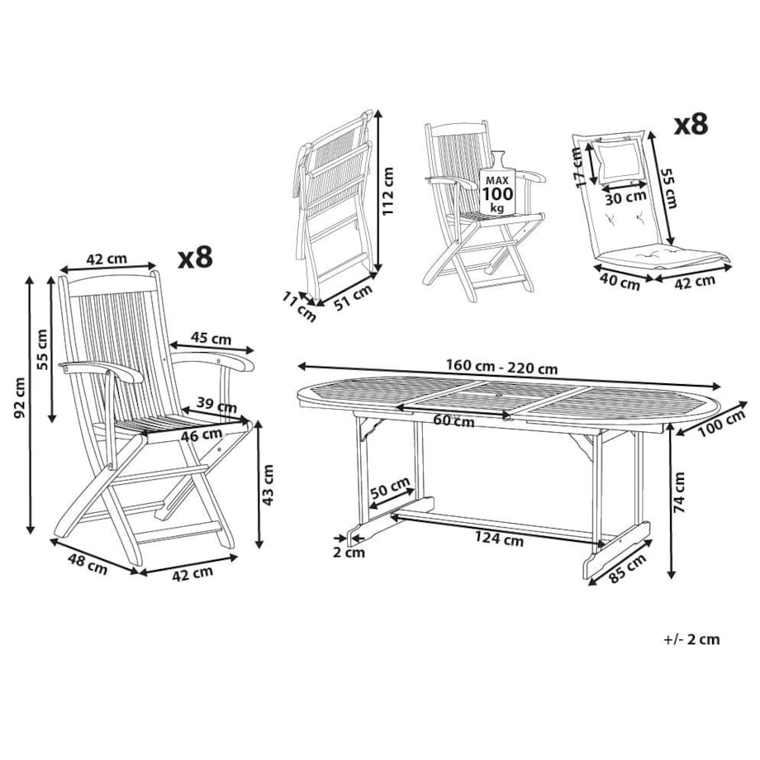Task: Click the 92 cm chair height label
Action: pyautogui.click(x=19, y=398)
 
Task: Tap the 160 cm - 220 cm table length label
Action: pyautogui.click(x=501, y=367)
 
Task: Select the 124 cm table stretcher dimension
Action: pyautogui.click(x=499, y=539)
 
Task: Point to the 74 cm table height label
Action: pyautogui.click(x=680, y=492)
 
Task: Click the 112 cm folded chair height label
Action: pyautogui.click(x=387, y=192)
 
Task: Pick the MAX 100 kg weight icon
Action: pyautogui.click(x=496, y=184)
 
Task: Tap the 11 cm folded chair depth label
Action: pyautogui.click(x=298, y=307)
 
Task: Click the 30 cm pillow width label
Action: pyautogui.click(x=625, y=197)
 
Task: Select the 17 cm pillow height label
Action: pyautogui.click(x=578, y=167)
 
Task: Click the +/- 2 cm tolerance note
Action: pyautogui.click(x=691, y=639)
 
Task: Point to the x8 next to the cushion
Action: pyautogui.click(x=691, y=125)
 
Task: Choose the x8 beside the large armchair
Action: pyautogui.click(x=196, y=258)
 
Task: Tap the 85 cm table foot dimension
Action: pyautogui.click(x=627, y=568)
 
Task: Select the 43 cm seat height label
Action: pyautogui.click(x=268, y=485)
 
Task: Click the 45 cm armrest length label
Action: pyautogui.click(x=211, y=338)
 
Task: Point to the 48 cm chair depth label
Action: pyautogui.click(x=88, y=565)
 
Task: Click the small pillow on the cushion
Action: pyautogui.click(x=620, y=162)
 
